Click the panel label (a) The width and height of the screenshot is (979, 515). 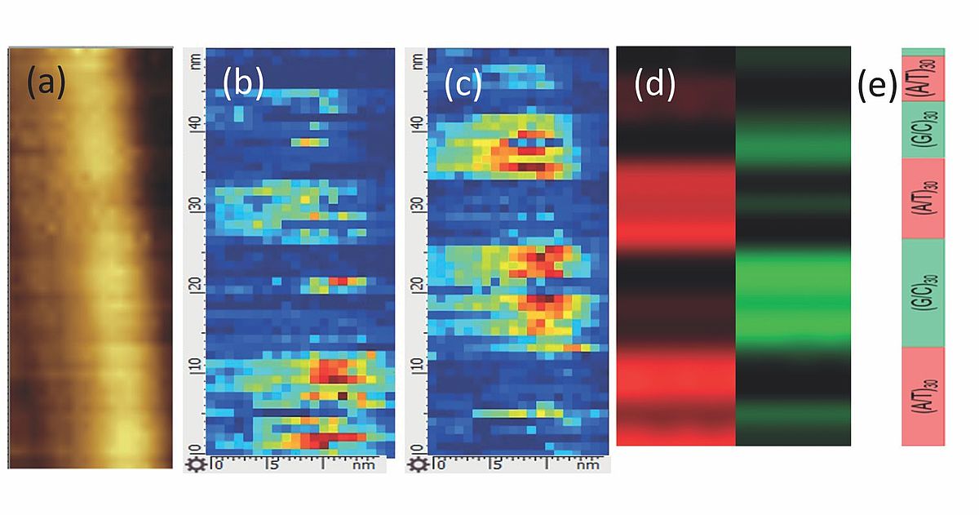click(46, 83)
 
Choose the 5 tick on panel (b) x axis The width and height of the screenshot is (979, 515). click(273, 465)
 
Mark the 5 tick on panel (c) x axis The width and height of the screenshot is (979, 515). click(495, 465)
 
